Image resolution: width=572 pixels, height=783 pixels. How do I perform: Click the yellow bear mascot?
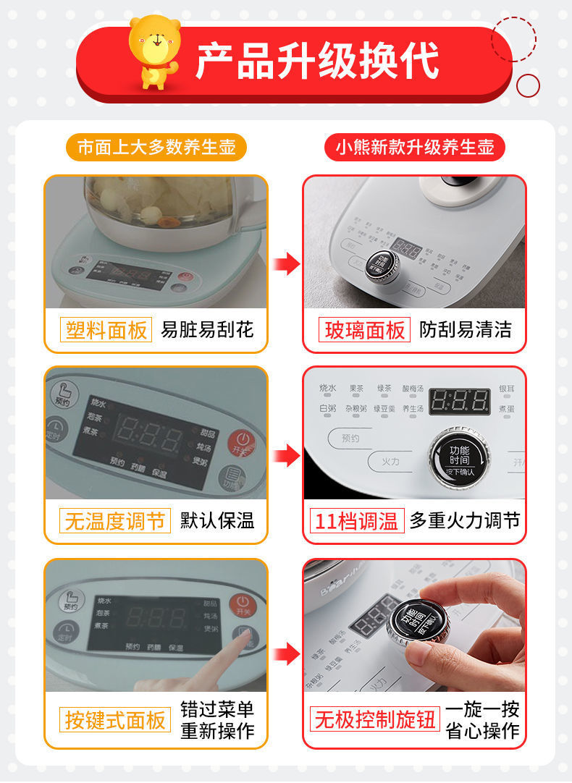[154, 51]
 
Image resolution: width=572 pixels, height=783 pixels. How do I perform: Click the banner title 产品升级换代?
[317, 62]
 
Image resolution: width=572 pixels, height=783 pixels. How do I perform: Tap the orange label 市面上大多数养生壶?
[156, 147]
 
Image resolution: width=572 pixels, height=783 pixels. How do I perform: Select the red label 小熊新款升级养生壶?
[414, 147]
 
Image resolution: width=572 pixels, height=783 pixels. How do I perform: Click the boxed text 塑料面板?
[106, 330]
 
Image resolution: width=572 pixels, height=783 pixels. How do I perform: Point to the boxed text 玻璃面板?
[364, 330]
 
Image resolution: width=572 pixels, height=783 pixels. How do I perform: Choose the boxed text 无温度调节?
[114, 520]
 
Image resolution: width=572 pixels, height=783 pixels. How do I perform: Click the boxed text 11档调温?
[357, 520]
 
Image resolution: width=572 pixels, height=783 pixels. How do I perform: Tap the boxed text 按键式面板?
[115, 720]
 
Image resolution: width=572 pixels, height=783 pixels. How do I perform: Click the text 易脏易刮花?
[207, 330]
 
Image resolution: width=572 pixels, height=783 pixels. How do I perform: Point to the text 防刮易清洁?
[466, 330]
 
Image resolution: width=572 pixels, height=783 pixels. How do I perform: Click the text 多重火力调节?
[465, 520]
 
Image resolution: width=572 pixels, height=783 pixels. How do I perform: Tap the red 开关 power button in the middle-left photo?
[242, 442]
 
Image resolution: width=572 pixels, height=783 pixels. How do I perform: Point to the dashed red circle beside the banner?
[513, 39]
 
